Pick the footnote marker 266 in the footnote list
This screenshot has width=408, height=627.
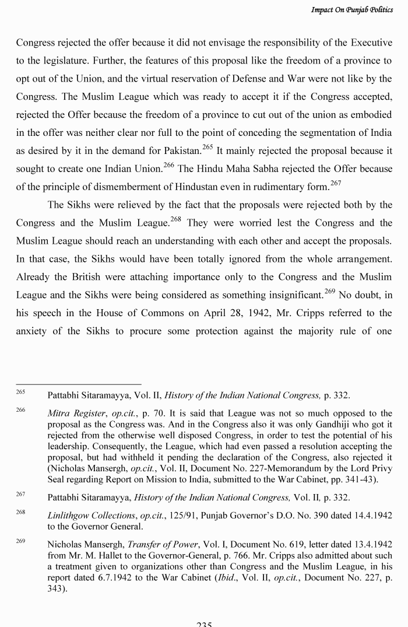20,411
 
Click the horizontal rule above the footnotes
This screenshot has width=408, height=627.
79,384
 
